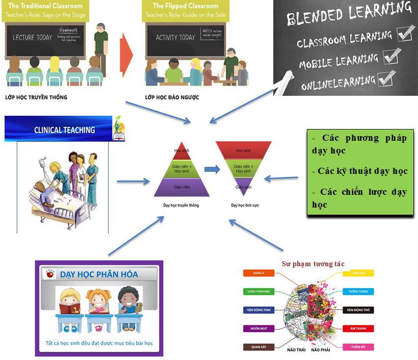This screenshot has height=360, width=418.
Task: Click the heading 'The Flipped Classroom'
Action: [186, 6]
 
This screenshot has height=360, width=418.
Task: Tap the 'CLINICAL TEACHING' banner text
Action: [64, 130]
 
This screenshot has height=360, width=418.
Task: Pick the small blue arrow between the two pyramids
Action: [209, 168]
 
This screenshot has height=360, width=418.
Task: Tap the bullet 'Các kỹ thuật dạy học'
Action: [360, 171]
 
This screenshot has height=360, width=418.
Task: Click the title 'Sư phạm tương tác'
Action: [313, 264]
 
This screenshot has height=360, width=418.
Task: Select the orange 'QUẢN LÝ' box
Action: [259, 273]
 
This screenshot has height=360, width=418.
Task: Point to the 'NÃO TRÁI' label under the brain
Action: [296, 350]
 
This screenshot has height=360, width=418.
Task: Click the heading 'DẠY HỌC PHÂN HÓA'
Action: [99, 274]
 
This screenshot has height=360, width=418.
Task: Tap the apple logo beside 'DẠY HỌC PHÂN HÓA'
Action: [49, 274]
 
